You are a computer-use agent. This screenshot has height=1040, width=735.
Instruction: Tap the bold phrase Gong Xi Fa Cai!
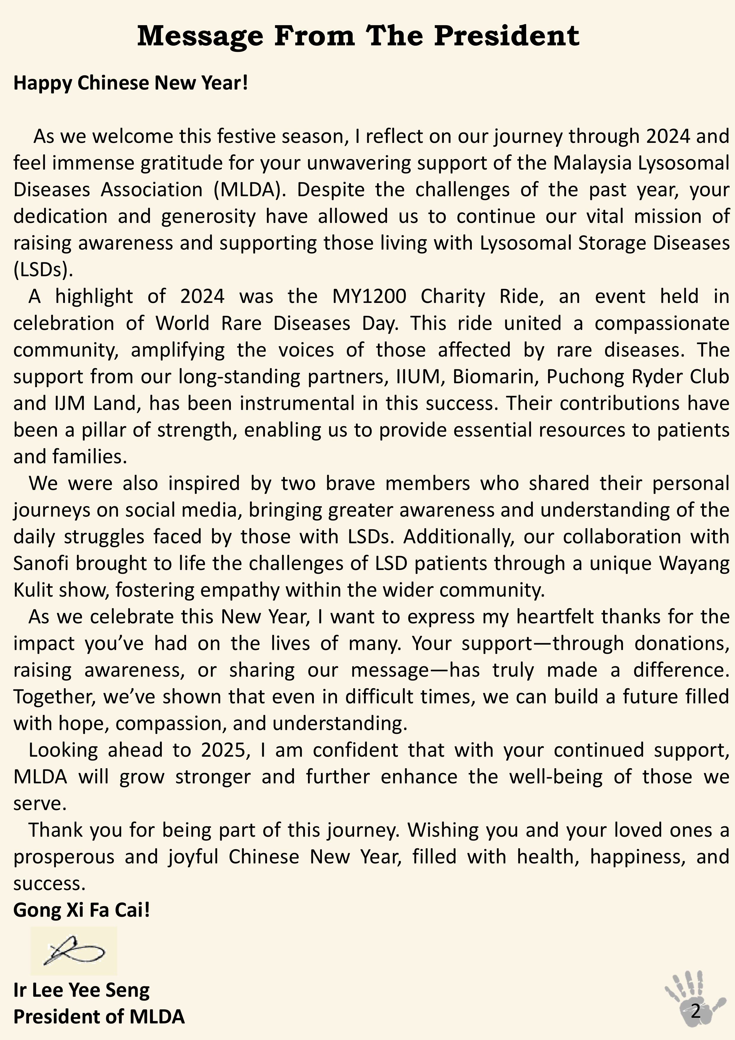(x=82, y=910)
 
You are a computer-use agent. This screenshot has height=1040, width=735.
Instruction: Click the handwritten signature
(x=74, y=950)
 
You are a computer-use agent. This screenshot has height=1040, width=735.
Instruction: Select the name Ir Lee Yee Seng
(x=82, y=990)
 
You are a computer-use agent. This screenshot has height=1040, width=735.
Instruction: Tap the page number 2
(x=696, y=1011)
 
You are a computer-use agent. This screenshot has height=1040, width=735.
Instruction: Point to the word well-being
(x=556, y=777)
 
